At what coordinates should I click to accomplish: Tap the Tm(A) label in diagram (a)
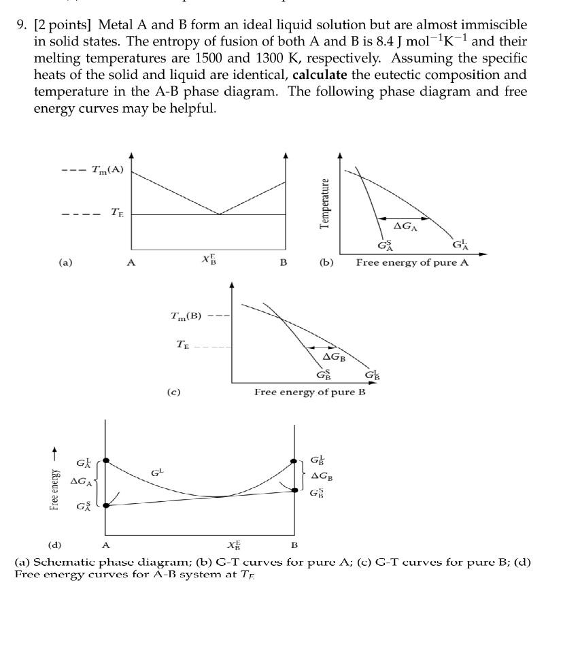[107, 169]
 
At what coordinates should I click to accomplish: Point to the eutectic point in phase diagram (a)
[219, 214]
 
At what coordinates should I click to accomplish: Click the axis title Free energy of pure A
[412, 262]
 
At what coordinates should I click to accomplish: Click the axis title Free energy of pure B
[310, 392]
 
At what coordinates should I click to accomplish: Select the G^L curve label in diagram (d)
[157, 471]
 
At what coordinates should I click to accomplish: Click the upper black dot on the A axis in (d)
[105, 460]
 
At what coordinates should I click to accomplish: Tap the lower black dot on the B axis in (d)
[294, 490]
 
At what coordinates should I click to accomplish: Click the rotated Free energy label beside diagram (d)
[55, 483]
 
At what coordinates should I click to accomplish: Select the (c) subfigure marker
[173, 392]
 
